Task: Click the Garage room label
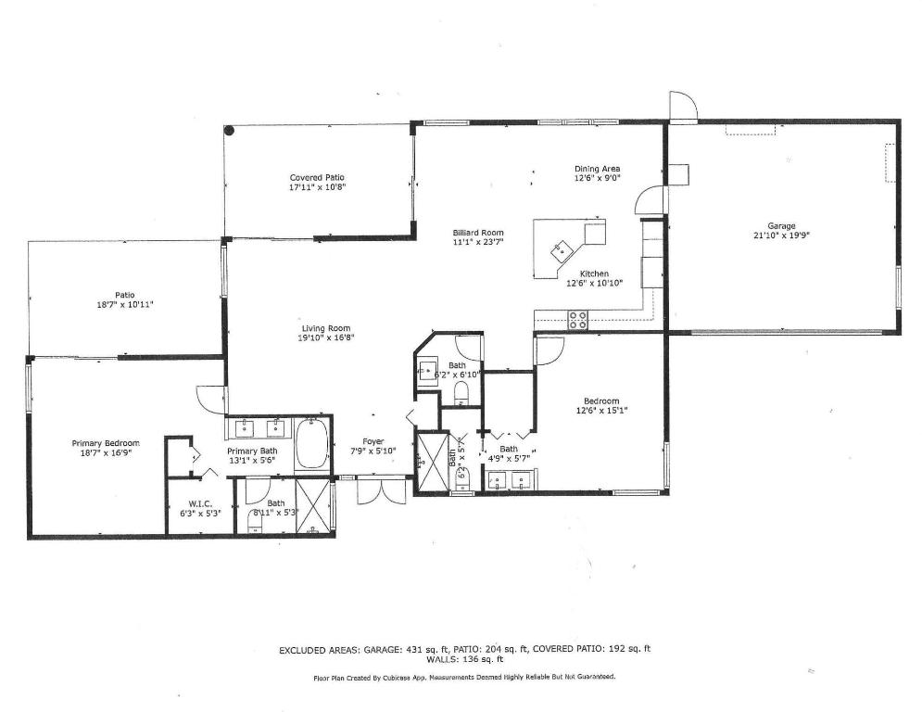pos(781,225)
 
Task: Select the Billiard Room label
pos(477,233)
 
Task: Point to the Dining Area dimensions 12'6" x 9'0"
pos(597,178)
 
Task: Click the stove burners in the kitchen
pos(578,320)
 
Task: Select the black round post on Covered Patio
pos(230,132)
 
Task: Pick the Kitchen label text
pos(594,274)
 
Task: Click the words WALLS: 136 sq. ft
pos(464,659)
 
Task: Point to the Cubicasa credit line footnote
pos(464,677)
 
